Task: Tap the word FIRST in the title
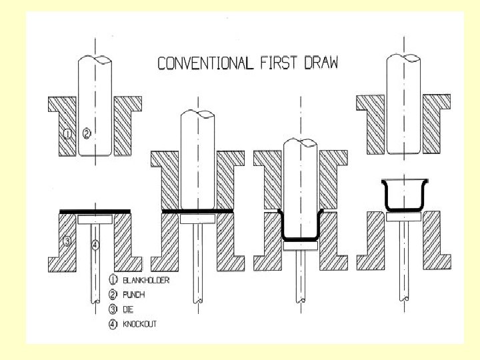point(275,63)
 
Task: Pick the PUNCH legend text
point(134,295)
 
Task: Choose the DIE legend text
point(129,309)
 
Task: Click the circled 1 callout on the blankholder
point(67,134)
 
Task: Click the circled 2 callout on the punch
point(87,134)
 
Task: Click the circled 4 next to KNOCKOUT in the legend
point(113,324)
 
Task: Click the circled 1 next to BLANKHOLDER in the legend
point(113,280)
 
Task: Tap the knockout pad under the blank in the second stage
point(197,217)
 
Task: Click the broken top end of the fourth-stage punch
point(402,59)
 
